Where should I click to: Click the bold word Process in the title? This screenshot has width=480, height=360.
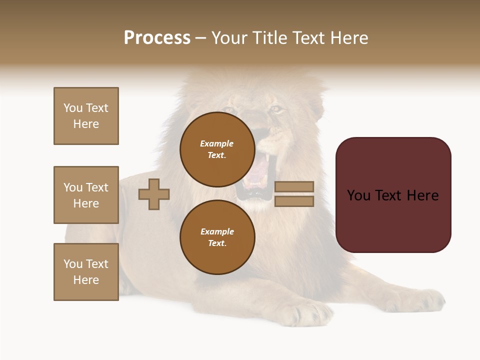pyautogui.click(x=157, y=38)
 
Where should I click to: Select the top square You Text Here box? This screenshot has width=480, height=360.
pyautogui.click(x=86, y=116)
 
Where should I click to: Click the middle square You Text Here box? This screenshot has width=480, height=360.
pyautogui.click(x=86, y=195)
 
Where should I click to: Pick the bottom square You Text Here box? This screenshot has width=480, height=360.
pyautogui.click(x=86, y=272)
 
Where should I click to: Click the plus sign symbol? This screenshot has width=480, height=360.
pyautogui.click(x=154, y=194)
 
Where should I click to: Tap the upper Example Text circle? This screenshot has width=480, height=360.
pyautogui.click(x=217, y=149)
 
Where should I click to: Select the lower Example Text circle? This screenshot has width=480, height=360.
pyautogui.click(x=217, y=237)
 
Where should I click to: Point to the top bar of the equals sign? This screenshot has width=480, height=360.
pyautogui.click(x=294, y=187)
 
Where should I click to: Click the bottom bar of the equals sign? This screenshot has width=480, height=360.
pyautogui.click(x=294, y=201)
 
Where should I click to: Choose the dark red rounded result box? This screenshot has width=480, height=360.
pyautogui.click(x=393, y=195)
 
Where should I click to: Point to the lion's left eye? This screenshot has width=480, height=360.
pyautogui.click(x=230, y=110)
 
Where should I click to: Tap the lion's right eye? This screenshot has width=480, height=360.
pyautogui.click(x=275, y=108)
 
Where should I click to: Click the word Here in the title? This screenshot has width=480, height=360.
pyautogui.click(x=348, y=38)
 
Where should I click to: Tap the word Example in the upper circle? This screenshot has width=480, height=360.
pyautogui.click(x=217, y=143)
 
